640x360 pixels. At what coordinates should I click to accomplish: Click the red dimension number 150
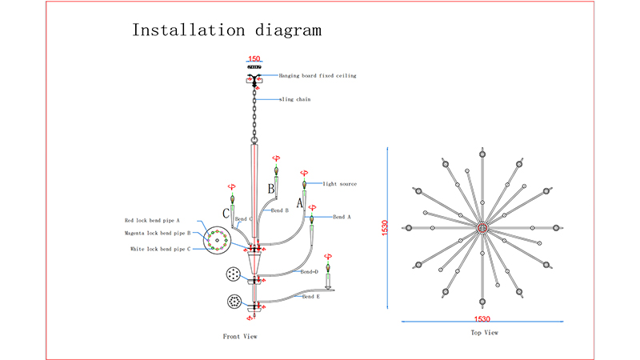tap(254, 59)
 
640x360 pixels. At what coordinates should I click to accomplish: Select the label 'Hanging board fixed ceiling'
tap(318, 76)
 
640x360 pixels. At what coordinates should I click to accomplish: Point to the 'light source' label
tap(339, 184)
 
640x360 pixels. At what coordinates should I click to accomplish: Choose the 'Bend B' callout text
tap(279, 210)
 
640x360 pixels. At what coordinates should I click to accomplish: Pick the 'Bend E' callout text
tap(310, 296)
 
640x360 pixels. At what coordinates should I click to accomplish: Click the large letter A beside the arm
tap(300, 204)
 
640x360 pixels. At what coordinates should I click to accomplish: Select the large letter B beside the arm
tap(270, 190)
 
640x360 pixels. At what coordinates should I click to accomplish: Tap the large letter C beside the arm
tap(226, 214)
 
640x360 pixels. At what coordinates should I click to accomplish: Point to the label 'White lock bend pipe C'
tap(160, 250)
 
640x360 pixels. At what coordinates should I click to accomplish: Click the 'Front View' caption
tap(240, 337)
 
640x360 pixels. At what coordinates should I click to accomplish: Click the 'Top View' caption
tap(485, 332)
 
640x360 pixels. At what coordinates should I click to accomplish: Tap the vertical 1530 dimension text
tap(386, 229)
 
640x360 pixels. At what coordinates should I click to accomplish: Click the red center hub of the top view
tap(482, 229)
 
